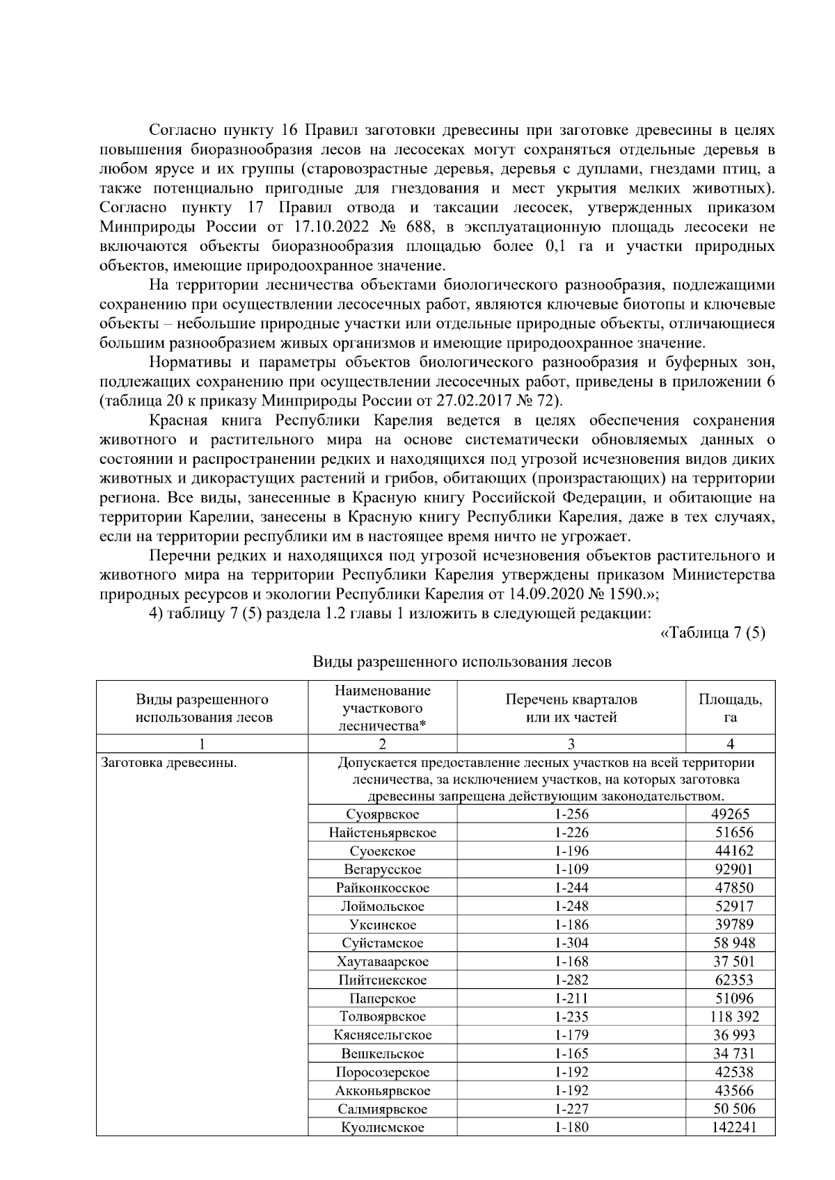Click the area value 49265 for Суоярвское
(730, 814)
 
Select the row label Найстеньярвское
(382, 833)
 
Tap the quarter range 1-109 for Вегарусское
(571, 870)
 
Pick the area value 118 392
(730, 1017)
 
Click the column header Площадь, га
(730, 708)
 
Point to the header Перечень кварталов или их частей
(571, 708)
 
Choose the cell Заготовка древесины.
(169, 763)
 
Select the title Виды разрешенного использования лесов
(461, 662)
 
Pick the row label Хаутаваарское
(382, 962)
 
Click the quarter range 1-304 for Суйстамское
(571, 944)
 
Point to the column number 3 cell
(571, 744)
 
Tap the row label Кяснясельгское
(382, 1035)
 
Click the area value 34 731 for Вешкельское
(730, 1054)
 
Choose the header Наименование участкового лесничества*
(382, 708)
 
